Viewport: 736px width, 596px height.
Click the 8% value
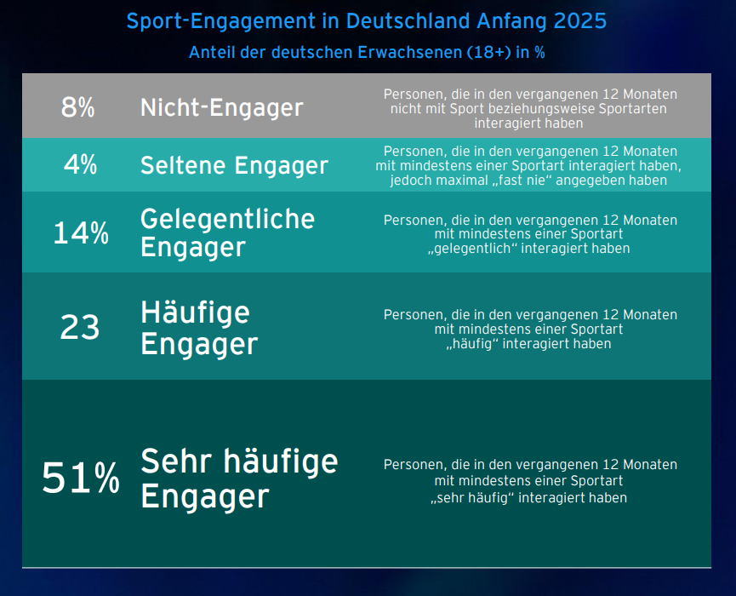[77, 108]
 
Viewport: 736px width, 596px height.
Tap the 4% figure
[81, 165]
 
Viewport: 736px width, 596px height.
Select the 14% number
[81, 233]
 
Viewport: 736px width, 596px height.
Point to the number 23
[80, 328]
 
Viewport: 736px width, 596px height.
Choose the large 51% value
[81, 479]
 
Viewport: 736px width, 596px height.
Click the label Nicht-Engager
[221, 108]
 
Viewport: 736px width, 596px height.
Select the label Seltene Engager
[234, 165]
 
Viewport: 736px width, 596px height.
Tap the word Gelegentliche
[227, 219]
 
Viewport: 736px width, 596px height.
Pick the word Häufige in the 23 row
[195, 313]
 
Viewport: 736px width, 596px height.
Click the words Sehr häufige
[239, 461]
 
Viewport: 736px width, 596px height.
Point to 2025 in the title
[578, 20]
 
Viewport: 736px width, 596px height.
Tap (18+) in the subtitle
[489, 52]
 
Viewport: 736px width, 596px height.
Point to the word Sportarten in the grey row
[632, 109]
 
